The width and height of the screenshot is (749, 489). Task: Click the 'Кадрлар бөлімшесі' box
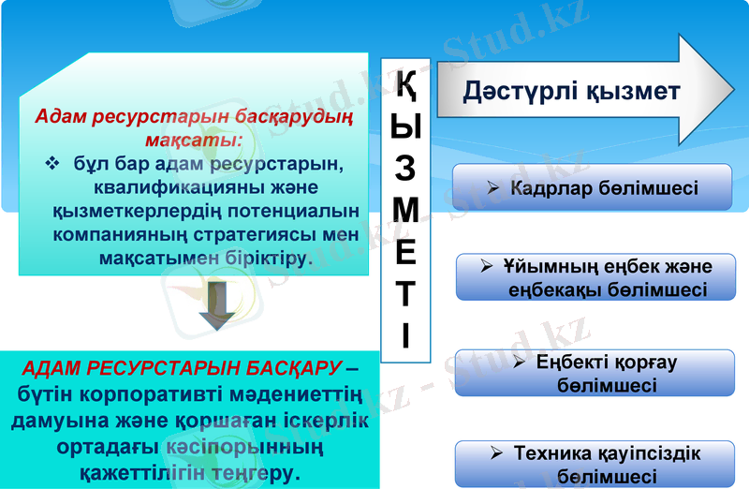tap(592, 187)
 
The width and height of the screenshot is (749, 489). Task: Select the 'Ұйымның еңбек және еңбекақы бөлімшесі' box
tap(596, 277)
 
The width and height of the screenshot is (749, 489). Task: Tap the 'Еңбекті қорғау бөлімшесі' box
tap(594, 373)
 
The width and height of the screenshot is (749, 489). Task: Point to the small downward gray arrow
tap(216, 306)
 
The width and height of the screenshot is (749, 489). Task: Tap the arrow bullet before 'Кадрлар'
tap(493, 188)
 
